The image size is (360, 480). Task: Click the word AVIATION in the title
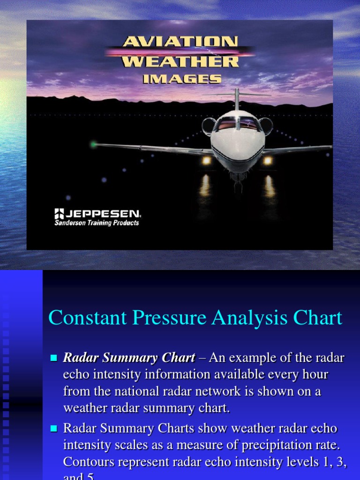(180, 42)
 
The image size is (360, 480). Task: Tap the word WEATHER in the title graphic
(180, 61)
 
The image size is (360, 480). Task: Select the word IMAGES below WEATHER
(182, 79)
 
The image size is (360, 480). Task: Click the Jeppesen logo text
(100, 214)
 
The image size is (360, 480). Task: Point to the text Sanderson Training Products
(97, 223)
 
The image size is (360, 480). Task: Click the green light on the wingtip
(94, 144)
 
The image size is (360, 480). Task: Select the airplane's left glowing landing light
(206, 160)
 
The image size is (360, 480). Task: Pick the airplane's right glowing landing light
(268, 160)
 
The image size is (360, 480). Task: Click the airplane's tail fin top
(237, 92)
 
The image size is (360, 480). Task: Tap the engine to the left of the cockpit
(209, 126)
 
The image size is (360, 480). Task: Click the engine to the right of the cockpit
(266, 126)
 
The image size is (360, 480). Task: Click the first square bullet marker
(53, 359)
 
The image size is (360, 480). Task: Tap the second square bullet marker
(53, 428)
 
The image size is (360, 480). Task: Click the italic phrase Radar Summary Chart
(129, 358)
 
